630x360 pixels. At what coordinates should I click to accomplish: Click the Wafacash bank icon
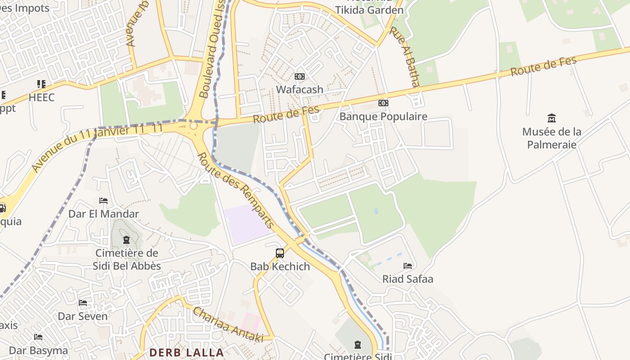299,76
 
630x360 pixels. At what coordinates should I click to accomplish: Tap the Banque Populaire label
383,117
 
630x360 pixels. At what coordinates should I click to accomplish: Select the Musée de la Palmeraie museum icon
551,118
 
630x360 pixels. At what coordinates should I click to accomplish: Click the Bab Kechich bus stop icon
280,253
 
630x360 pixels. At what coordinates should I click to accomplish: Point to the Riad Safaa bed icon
408,266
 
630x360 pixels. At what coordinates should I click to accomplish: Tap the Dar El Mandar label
103,214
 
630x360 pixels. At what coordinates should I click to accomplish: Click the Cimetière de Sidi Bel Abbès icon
126,240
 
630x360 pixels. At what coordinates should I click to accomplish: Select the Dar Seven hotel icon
83,303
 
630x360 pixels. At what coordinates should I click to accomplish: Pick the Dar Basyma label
39,350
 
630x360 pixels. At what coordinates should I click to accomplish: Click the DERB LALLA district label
186,352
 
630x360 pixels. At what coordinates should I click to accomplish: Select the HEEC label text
41,97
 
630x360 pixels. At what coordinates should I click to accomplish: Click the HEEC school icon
41,84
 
